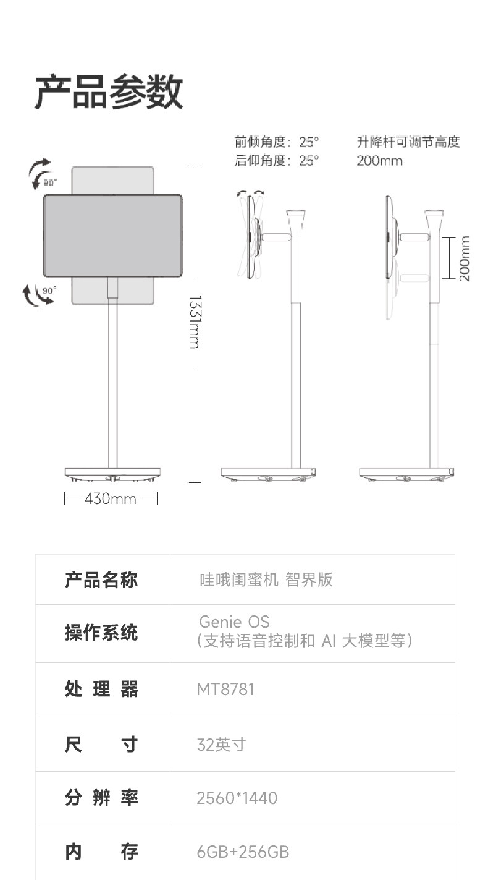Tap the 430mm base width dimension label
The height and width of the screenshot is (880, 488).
pyautogui.click(x=111, y=498)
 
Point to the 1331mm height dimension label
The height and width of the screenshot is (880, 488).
pyautogui.click(x=195, y=322)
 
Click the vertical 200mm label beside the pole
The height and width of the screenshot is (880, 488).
pyautogui.click(x=465, y=258)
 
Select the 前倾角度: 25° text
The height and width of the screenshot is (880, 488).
pyautogui.click(x=277, y=142)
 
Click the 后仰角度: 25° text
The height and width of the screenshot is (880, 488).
pyautogui.click(x=277, y=161)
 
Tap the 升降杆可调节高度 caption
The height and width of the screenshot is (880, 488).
pyautogui.click(x=408, y=142)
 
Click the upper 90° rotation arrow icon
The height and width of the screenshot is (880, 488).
pyautogui.click(x=41, y=173)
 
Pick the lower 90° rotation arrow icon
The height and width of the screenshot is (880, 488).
pyautogui.click(x=39, y=295)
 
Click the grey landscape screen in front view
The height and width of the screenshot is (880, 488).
pyautogui.click(x=112, y=236)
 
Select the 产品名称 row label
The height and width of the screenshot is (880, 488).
pyautogui.click(x=101, y=580)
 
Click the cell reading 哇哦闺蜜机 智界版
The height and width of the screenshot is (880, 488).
pyautogui.click(x=266, y=579)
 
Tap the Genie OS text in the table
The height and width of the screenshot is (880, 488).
pyautogui.click(x=234, y=621)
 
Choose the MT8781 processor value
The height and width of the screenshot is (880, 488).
pyautogui.click(x=225, y=689)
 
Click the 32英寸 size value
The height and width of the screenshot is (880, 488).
pyautogui.click(x=221, y=744)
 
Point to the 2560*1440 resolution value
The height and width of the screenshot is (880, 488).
pyautogui.click(x=237, y=798)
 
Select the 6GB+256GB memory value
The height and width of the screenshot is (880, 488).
pyautogui.click(x=243, y=852)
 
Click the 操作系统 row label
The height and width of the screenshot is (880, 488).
pyautogui.click(x=101, y=633)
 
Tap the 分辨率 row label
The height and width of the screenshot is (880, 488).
pyautogui.click(x=101, y=798)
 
